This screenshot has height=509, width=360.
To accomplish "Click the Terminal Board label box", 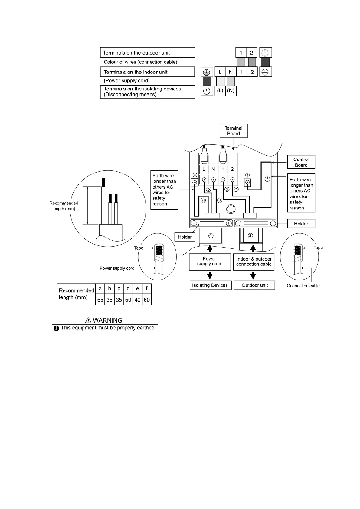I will point(234,131).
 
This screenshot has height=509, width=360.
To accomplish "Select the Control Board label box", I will point(301,162).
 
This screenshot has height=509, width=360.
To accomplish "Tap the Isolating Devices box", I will point(210,285).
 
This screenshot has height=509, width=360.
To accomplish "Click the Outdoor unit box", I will point(254,285).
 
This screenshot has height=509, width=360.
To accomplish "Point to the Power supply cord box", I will point(209,261).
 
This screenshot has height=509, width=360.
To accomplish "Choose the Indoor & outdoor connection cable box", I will point(254,262).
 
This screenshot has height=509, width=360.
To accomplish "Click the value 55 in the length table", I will point(100,300).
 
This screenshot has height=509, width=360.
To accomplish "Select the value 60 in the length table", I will point(147,300).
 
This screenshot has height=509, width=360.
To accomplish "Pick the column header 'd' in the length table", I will point(128,289).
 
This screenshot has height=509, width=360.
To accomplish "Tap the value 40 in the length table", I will point(137,300).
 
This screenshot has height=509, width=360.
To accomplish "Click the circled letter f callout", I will point(267,179).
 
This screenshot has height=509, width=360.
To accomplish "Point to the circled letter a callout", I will point(203,200).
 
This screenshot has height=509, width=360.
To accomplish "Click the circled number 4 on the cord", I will point(211,235).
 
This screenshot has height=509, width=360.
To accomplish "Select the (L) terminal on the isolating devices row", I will point(220,91).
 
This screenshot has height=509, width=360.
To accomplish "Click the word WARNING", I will point(107,320).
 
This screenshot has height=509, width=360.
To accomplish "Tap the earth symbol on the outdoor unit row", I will point(265,53).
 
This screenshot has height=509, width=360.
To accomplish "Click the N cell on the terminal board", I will point(213,169).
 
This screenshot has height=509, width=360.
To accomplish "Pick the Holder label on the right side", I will point(301,224).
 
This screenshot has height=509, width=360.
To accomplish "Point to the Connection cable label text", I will point(303,286).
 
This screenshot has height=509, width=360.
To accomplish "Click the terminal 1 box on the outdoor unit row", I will point(241,53).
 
